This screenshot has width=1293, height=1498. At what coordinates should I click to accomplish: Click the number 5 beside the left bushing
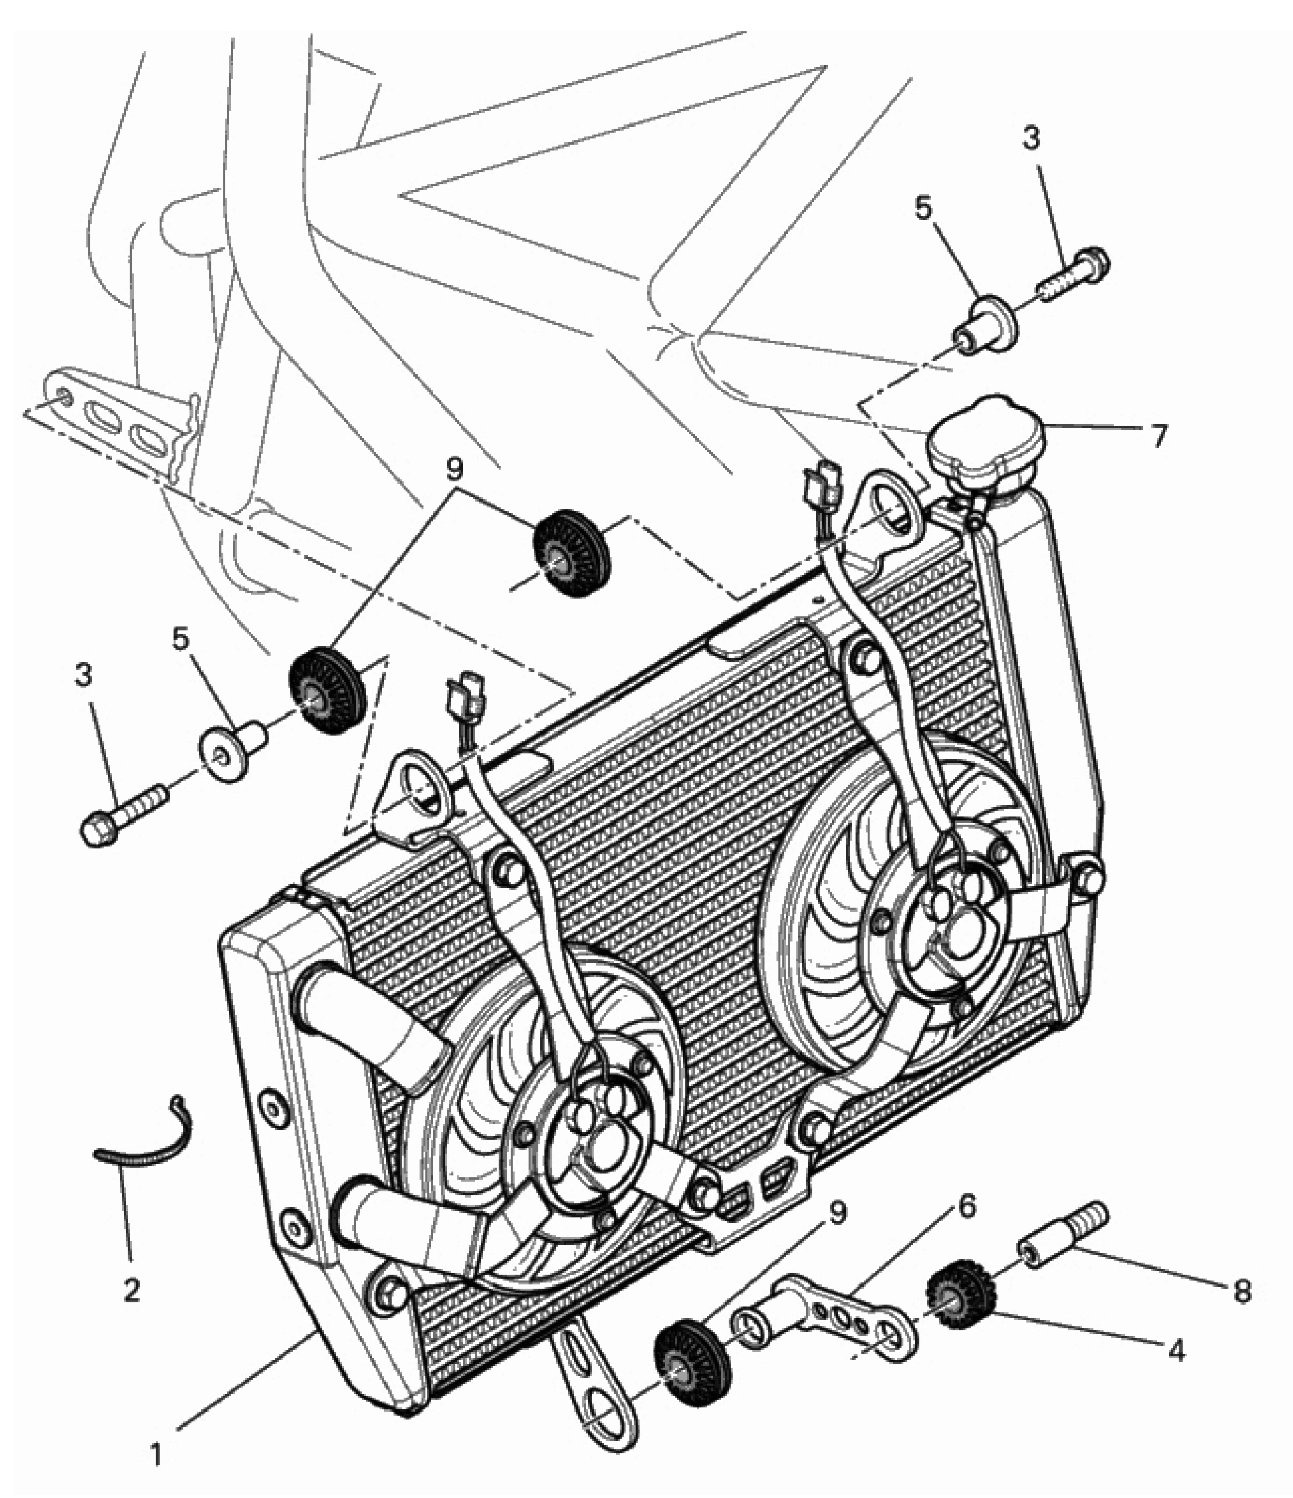pos(180,638)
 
